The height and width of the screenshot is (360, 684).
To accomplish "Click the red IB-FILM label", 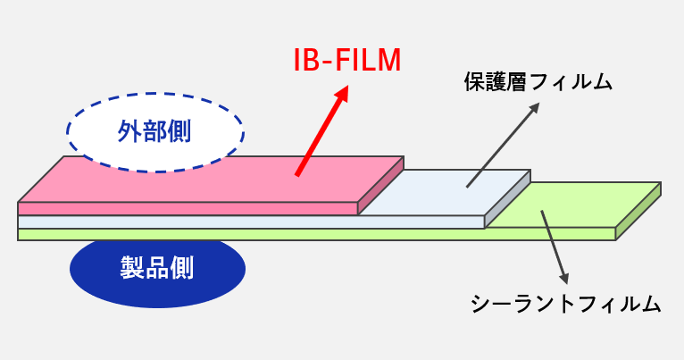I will click(x=348, y=60).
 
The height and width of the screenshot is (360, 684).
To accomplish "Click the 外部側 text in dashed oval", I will click(x=156, y=132).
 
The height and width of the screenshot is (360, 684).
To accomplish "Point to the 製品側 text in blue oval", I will click(x=157, y=266).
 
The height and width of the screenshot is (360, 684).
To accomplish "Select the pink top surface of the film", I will click(x=214, y=179).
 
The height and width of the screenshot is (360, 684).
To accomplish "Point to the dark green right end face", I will click(x=638, y=212).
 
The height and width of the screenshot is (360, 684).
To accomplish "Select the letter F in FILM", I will click(x=337, y=60).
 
